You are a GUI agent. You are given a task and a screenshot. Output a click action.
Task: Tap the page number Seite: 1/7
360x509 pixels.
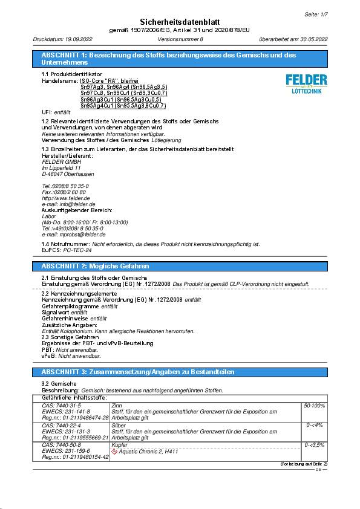click(x=315, y=13)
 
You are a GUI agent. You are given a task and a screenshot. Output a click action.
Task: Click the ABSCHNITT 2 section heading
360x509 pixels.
click(x=95, y=266)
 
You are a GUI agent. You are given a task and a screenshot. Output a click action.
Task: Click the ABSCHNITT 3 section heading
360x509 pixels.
click(x=137, y=372)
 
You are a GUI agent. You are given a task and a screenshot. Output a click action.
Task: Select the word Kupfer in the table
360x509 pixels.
click(x=120, y=446)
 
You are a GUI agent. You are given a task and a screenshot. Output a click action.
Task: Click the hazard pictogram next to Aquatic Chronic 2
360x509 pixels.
click(x=115, y=452)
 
